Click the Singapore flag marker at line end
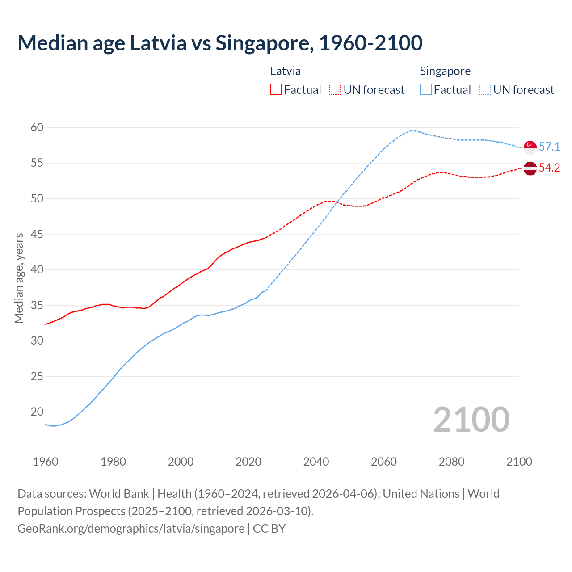(x=530, y=147)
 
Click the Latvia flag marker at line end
(x=530, y=168)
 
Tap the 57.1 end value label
(x=549, y=147)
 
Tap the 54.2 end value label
(x=549, y=168)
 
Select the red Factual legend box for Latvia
(x=276, y=90)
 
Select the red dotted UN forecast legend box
(x=335, y=90)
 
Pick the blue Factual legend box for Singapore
(x=426, y=90)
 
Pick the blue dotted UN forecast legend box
(x=485, y=90)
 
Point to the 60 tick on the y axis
(x=37, y=128)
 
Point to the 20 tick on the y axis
(x=37, y=412)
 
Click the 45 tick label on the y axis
(x=37, y=234)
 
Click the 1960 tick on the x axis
(x=46, y=462)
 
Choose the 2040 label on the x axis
(x=316, y=462)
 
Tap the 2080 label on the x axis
(x=451, y=462)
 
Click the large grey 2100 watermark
(x=471, y=420)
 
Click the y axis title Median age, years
(x=19, y=278)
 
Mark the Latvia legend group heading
(x=286, y=71)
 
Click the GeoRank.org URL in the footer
(x=131, y=529)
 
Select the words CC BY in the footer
(x=269, y=529)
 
